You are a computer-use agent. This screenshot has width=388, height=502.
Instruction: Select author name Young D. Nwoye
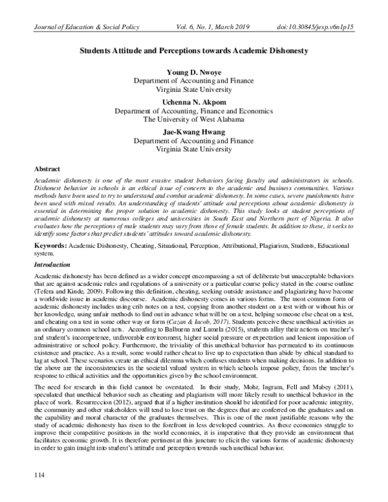pos(194,72)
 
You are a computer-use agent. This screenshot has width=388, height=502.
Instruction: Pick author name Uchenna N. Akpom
pos(194,102)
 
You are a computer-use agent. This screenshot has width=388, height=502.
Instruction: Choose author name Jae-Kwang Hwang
pos(194,131)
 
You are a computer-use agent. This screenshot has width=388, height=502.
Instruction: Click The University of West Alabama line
pos(194,119)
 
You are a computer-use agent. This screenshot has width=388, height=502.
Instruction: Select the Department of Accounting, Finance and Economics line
pos(194,111)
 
